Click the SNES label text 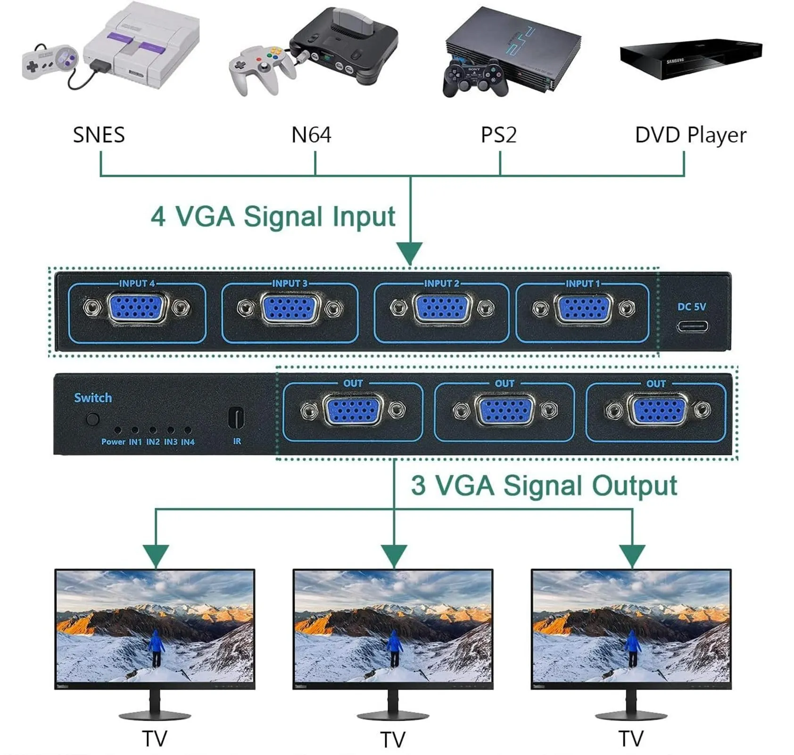(99, 135)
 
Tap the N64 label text (311, 135)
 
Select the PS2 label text (498, 135)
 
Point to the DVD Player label (690, 135)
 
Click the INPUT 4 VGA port (137, 308)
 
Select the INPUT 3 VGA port (289, 309)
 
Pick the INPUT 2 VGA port (442, 309)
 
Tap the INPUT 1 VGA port (583, 309)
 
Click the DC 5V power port (692, 326)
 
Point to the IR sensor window (236, 418)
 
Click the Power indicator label (113, 442)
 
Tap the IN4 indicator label (188, 442)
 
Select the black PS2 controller (475, 78)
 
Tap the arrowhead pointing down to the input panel (410, 253)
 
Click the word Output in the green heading (635, 486)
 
